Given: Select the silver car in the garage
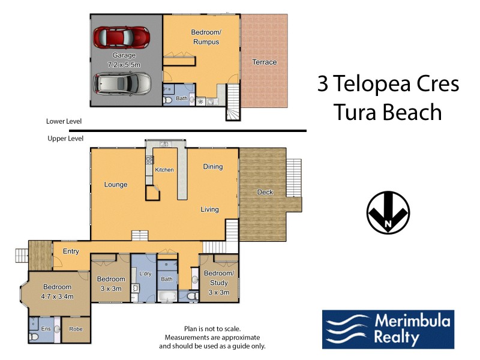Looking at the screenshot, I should click(123, 83).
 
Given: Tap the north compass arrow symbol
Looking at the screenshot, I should click(388, 212).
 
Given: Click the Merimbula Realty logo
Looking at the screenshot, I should click(388, 329).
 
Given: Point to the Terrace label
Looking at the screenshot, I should click(264, 62).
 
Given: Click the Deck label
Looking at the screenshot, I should click(265, 192).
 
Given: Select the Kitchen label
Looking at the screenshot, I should click(164, 170).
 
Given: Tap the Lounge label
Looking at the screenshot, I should click(115, 184).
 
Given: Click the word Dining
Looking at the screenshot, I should click(212, 166).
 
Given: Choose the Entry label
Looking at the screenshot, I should click(71, 251).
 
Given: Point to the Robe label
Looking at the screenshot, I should click(76, 329).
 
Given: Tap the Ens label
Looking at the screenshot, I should click(46, 329).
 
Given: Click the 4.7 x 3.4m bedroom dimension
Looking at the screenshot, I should click(56, 296).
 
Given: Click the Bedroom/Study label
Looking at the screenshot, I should click(218, 278).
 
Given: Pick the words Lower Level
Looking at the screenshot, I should click(64, 121).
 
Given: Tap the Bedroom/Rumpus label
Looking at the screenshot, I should click(205, 37).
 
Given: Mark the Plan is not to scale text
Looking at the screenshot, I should click(212, 329).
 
